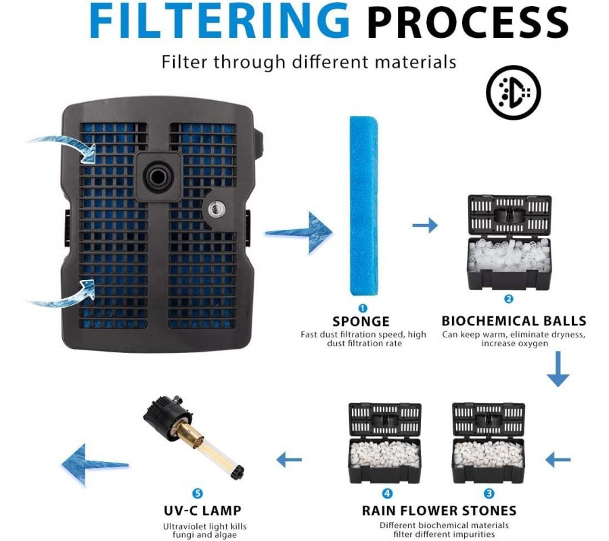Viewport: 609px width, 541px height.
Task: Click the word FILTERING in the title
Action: coord(220,22)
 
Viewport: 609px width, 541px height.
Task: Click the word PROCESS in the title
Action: coord(467,23)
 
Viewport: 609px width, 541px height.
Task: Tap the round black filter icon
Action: coord(513,93)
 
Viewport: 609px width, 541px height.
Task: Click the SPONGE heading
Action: coord(361,321)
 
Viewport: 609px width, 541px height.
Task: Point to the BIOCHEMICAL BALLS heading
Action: coord(514,321)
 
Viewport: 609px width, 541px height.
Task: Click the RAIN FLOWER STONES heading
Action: coord(439,511)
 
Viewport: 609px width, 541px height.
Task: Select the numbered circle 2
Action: coord(509,299)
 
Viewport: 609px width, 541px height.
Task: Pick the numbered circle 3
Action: coord(489,494)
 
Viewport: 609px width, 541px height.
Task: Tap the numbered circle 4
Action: coord(387,494)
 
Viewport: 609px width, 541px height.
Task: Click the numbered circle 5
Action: coord(198,494)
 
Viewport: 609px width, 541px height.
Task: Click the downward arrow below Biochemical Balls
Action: coord(558,371)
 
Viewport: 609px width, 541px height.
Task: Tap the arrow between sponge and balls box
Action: coord(425,225)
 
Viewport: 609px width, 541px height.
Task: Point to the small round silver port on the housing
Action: coord(217,209)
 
